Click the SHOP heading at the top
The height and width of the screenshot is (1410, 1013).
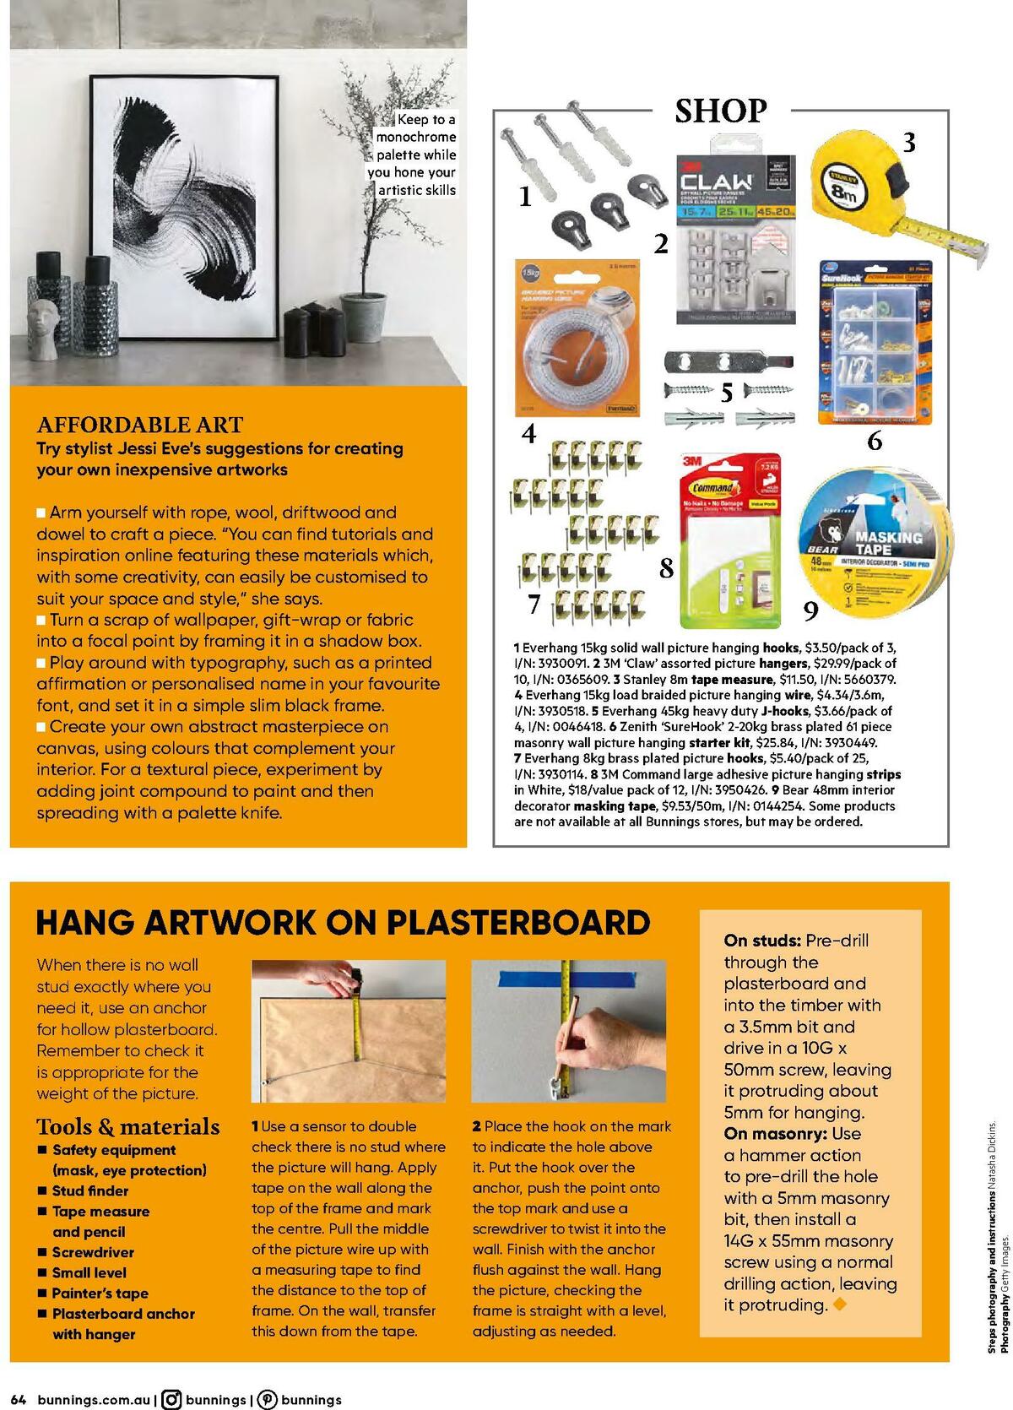(720, 111)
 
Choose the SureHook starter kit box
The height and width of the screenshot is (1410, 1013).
(875, 343)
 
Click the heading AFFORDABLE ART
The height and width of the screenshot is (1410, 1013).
(139, 425)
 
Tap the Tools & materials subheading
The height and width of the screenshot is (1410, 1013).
(128, 1126)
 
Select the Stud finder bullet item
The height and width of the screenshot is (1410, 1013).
(90, 1190)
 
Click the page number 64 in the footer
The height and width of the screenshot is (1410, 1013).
(19, 1400)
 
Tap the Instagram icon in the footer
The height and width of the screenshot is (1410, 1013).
(171, 1400)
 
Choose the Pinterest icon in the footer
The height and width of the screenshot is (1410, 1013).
(267, 1400)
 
